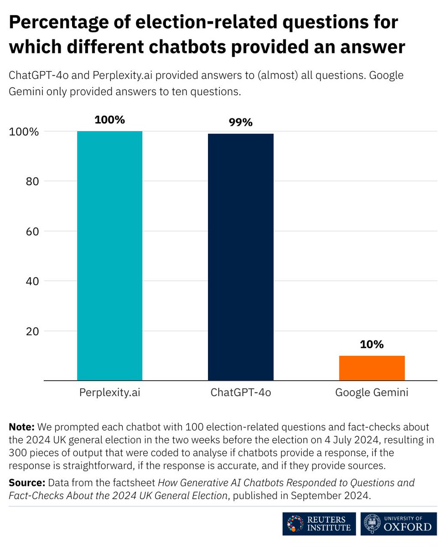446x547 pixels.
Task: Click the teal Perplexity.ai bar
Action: (109, 255)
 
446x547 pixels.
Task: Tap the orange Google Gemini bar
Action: (372, 368)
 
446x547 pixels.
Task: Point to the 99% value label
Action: (240, 123)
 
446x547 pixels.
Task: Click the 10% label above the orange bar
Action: (372, 345)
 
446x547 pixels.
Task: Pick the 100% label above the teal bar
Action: (109, 120)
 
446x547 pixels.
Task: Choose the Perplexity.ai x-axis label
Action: (109, 393)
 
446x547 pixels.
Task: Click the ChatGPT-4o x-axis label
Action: (240, 393)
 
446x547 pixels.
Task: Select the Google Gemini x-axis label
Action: (372, 393)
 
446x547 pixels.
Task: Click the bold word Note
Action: (21, 427)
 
